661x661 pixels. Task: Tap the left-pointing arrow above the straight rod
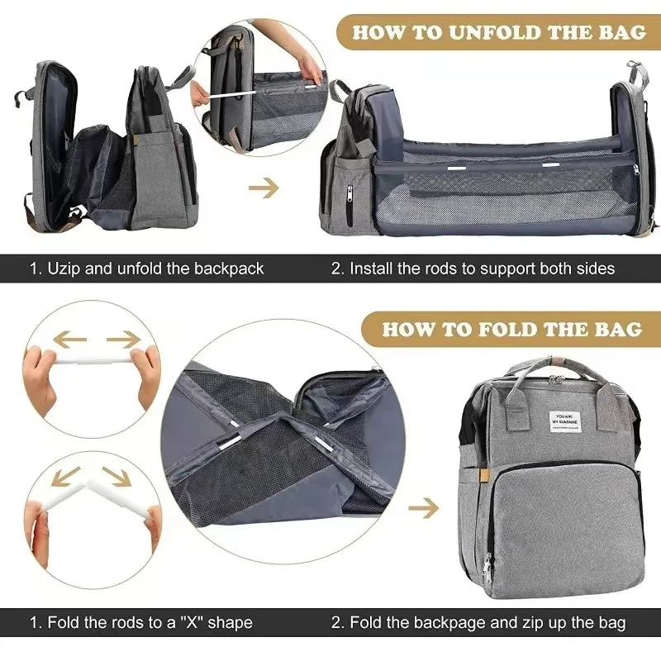coord(70,338)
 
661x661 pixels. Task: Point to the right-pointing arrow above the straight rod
coord(124,338)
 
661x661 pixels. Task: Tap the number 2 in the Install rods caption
coord(336,268)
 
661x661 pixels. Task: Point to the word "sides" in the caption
coord(597,268)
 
